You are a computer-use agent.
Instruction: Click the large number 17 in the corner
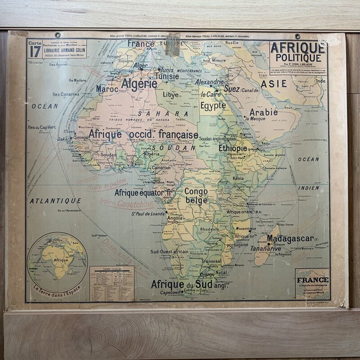pos(35,51)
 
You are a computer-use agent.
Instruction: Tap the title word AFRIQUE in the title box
pos(298,48)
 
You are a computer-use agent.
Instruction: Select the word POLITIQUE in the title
pos(298,59)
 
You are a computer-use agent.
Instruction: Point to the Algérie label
pos(139,84)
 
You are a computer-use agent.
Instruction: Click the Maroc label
pos(107,89)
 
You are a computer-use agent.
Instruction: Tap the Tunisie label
pos(167,76)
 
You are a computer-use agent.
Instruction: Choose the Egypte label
pos(213,106)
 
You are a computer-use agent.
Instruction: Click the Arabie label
pos(264,112)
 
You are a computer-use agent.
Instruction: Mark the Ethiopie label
pos(233,148)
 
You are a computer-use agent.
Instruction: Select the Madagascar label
pos(290,239)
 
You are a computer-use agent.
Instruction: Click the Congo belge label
pos(195,195)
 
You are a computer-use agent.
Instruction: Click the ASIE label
pos(274,84)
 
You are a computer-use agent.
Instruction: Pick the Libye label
pos(171,94)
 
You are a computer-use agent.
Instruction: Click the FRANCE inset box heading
pos(312,280)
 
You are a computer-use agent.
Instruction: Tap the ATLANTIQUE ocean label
pos(55,201)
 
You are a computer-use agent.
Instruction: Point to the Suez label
pos(231,89)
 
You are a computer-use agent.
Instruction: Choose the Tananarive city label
pos(265,248)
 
